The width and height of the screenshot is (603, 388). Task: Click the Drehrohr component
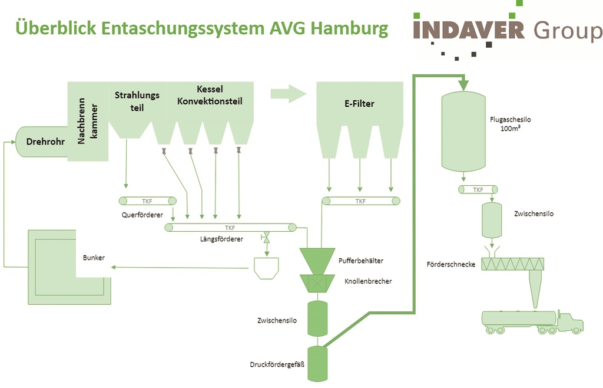41,142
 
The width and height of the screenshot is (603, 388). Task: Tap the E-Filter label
359,104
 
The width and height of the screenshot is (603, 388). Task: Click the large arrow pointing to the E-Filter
289,93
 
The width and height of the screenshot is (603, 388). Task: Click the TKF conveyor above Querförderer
147,200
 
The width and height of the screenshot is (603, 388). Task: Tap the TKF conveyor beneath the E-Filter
361,201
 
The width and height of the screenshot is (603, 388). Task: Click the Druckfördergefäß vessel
317,363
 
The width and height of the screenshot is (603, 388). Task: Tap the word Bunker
94,258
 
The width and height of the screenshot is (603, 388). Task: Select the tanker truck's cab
569,321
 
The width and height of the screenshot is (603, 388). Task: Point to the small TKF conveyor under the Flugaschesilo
478,189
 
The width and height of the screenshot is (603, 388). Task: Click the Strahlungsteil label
129,101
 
